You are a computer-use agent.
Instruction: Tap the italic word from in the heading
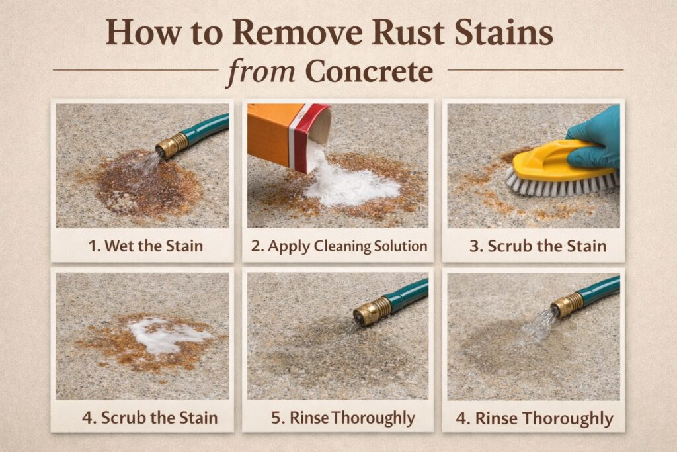(260, 71)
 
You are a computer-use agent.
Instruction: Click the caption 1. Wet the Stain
(145, 247)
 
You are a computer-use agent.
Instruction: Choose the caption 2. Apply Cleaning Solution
(338, 247)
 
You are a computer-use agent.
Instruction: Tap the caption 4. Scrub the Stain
(149, 418)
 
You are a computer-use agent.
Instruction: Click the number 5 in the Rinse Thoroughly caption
(276, 418)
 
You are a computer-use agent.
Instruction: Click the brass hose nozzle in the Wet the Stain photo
(171, 144)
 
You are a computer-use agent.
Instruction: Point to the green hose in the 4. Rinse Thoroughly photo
(599, 289)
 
